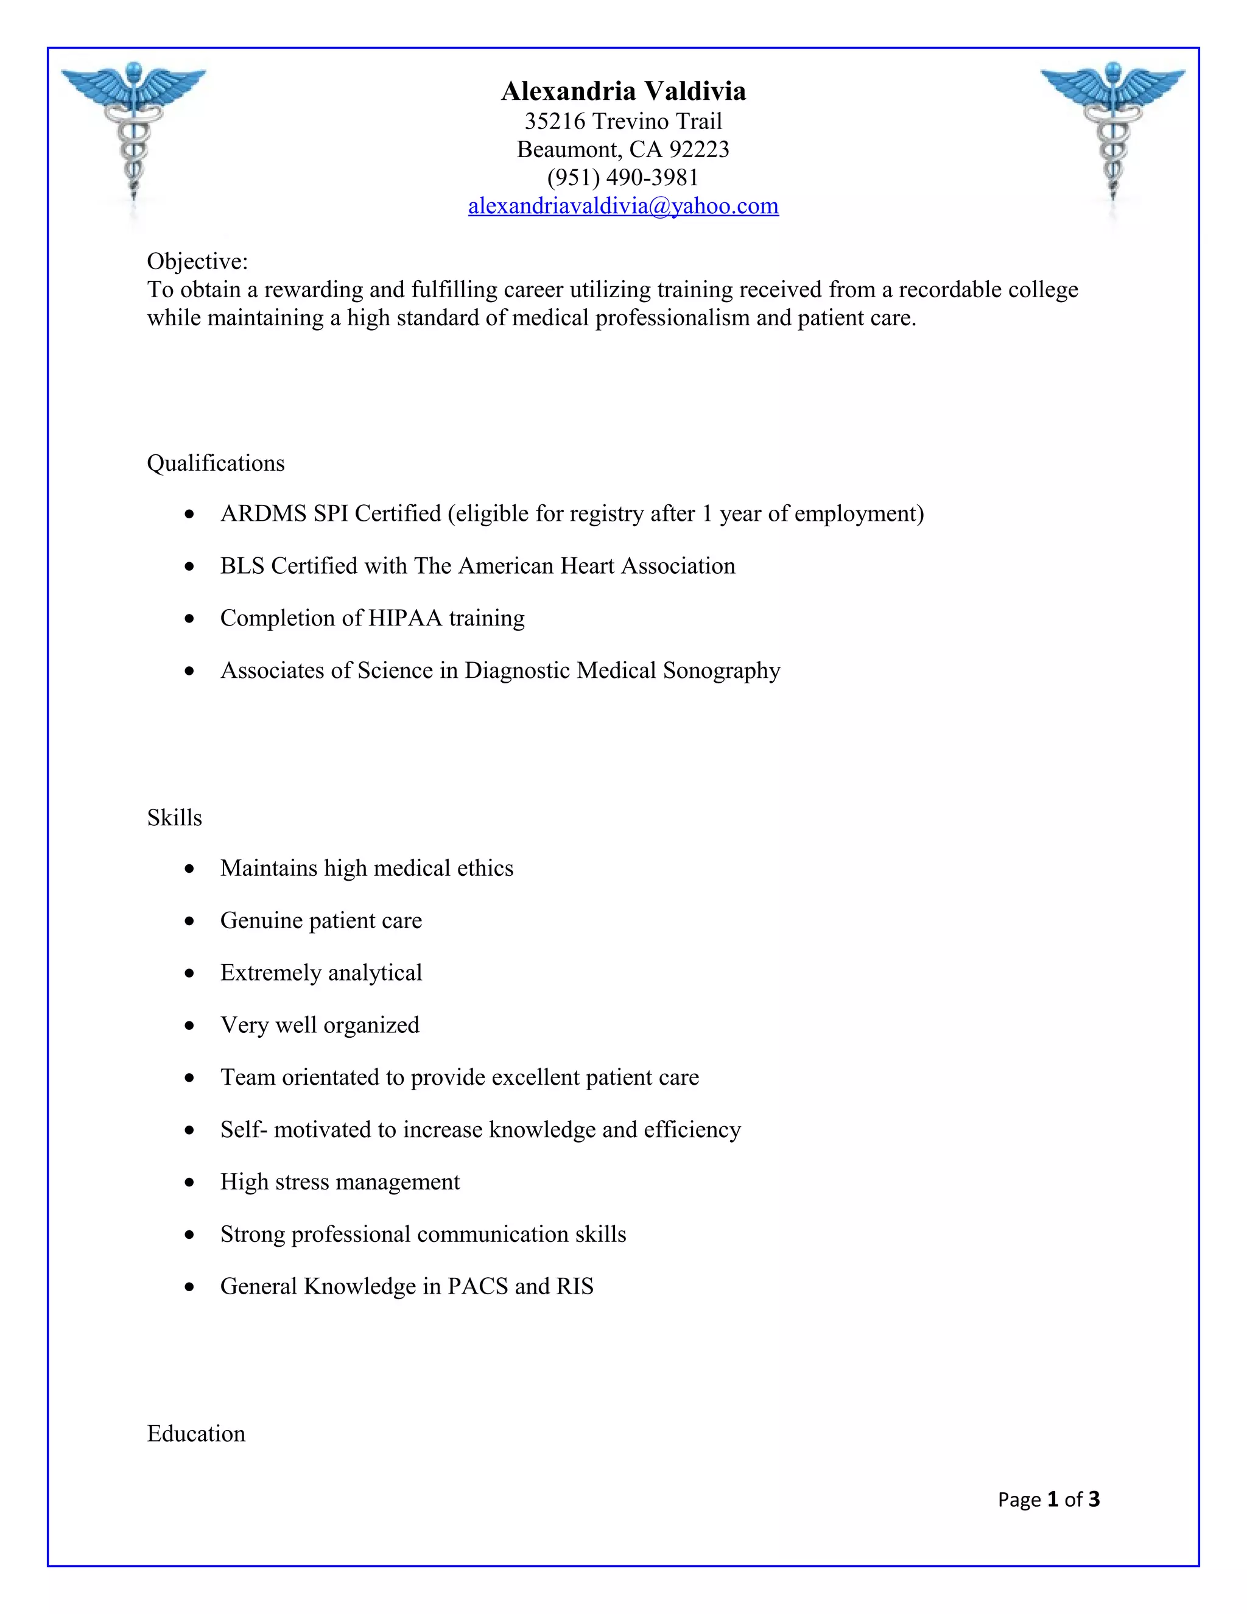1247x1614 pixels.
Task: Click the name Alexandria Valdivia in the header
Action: pyautogui.click(x=623, y=91)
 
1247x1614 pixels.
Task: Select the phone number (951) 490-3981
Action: pyautogui.click(x=623, y=177)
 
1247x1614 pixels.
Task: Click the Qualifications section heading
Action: pyautogui.click(x=216, y=463)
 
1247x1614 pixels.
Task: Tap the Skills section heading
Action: pyautogui.click(x=174, y=818)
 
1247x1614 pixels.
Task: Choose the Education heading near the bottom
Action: pyautogui.click(x=196, y=1434)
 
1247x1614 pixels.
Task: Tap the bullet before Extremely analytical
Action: pyautogui.click(x=191, y=974)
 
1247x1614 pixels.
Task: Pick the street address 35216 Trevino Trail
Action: pyautogui.click(x=623, y=121)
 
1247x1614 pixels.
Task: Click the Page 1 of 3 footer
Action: pyautogui.click(x=1049, y=1499)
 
